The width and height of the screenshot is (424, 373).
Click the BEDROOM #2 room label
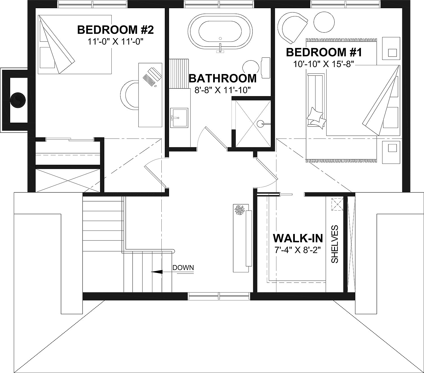(x=115, y=30)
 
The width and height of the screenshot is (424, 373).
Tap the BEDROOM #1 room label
(x=324, y=52)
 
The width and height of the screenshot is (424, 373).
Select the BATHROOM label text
(x=222, y=78)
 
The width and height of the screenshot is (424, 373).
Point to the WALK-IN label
(x=298, y=238)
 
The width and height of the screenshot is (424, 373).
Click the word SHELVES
(x=335, y=244)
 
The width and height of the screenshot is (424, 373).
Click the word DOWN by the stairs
(x=183, y=268)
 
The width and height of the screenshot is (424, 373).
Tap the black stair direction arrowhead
(x=157, y=272)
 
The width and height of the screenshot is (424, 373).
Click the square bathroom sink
(x=179, y=117)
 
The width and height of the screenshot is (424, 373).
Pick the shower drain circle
(x=260, y=123)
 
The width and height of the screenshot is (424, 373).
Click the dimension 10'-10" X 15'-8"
(x=324, y=64)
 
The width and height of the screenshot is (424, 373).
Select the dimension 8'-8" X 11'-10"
(x=223, y=90)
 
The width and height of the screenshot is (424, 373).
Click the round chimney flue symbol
(x=19, y=100)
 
